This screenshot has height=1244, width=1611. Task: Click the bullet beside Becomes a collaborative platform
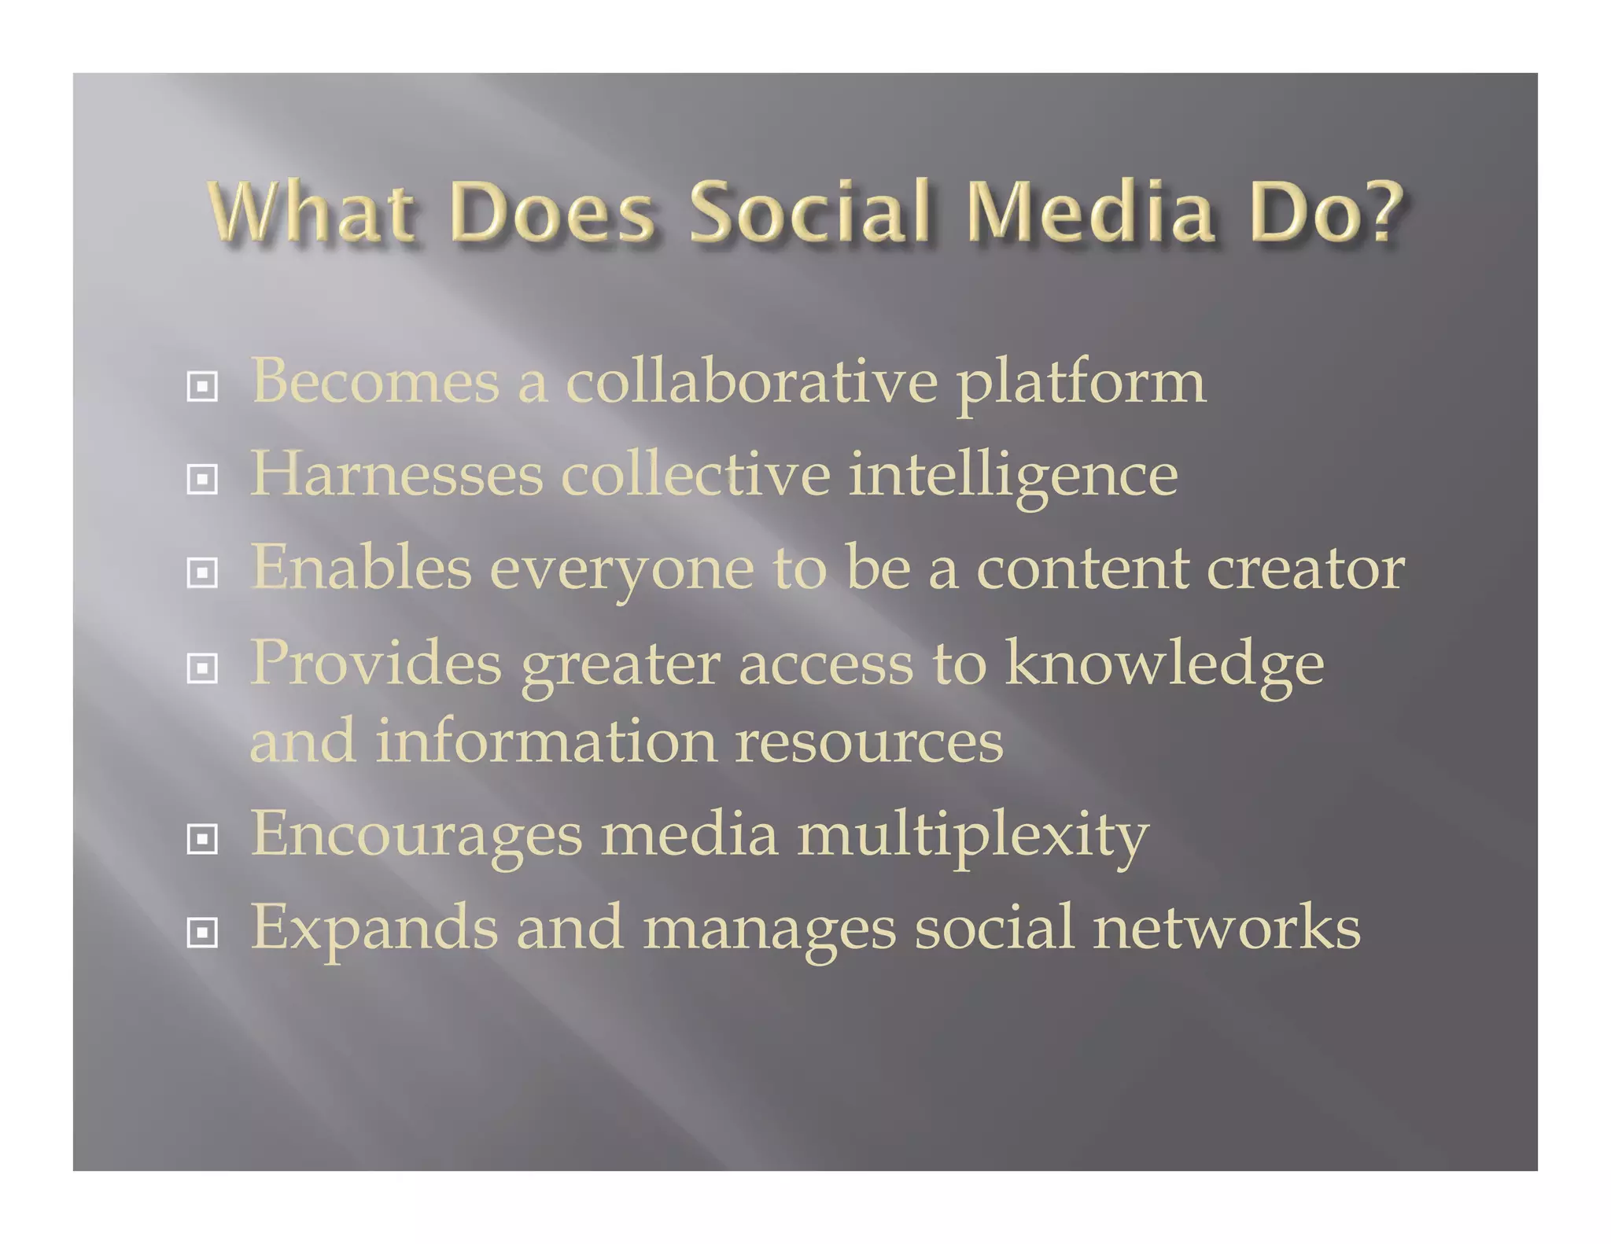[x=202, y=386]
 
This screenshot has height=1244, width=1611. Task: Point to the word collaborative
[x=751, y=382]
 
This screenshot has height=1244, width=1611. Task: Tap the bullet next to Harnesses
[x=202, y=478]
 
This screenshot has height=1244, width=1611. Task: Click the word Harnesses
[x=396, y=475]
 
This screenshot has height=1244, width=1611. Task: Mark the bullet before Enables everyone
[x=202, y=572]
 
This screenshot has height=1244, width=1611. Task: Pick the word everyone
[x=621, y=571]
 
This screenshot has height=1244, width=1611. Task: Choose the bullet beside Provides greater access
[x=202, y=668]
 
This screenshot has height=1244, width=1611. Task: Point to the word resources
[x=869, y=742]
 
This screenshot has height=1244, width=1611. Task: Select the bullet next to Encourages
[x=202, y=839]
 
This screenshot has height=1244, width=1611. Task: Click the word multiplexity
[x=973, y=837]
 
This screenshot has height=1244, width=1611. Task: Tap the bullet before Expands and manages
[x=202, y=933]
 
